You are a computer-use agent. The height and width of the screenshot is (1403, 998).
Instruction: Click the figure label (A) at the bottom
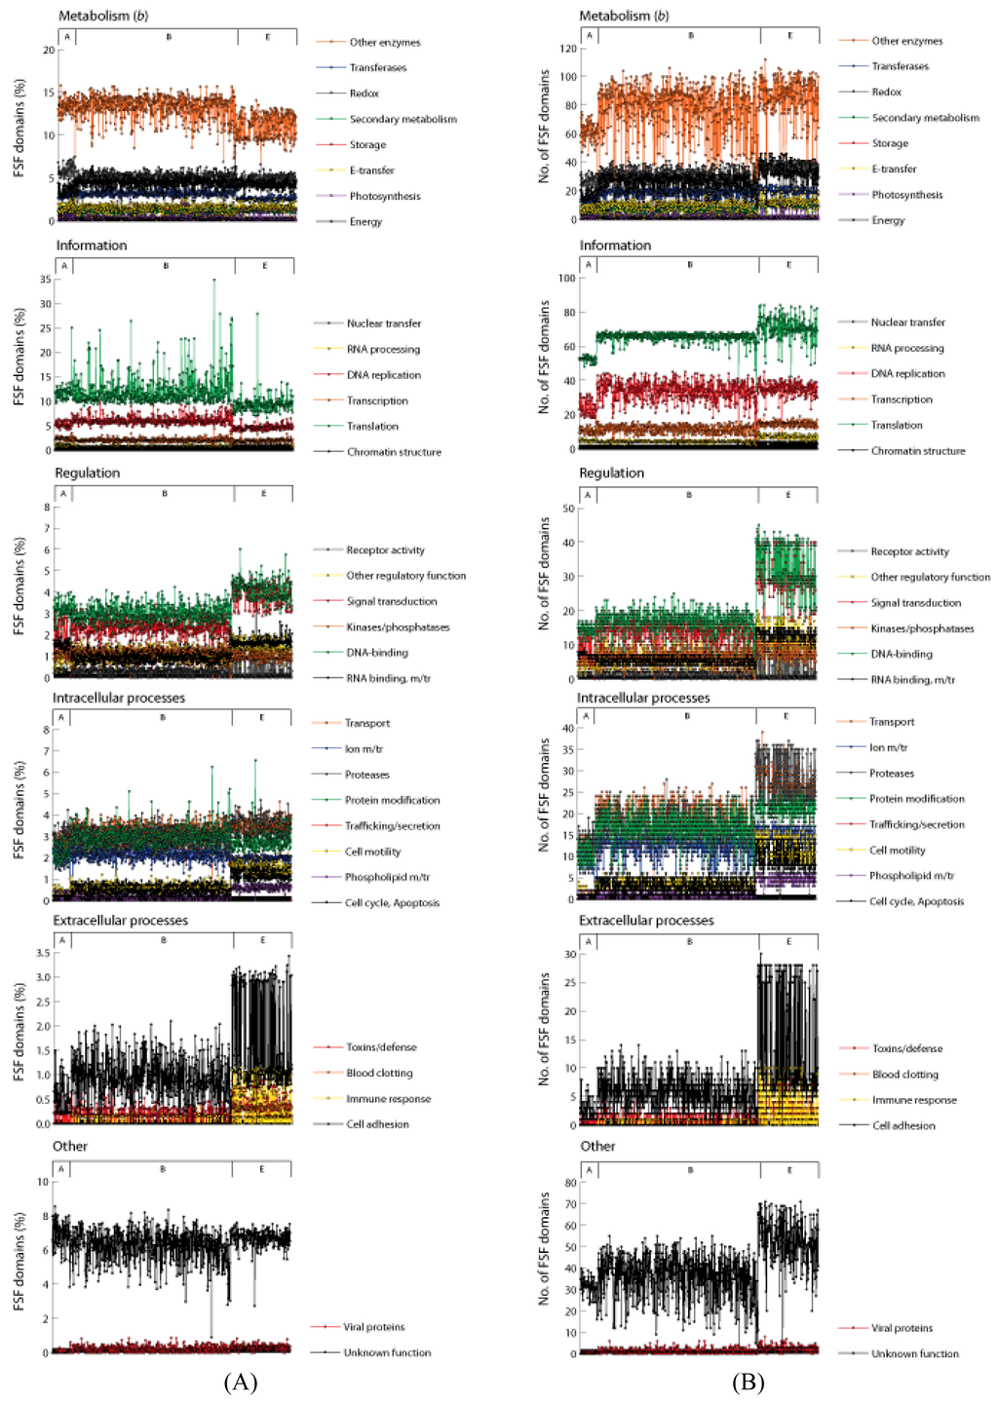[x=240, y=1383]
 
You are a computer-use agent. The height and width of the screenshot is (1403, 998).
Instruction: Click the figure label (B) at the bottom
[x=748, y=1383]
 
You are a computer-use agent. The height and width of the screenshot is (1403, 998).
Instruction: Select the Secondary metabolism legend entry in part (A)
[x=403, y=119]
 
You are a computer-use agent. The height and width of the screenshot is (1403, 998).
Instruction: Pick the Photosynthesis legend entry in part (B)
[x=906, y=195]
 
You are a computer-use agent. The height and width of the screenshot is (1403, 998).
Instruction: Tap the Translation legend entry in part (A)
[x=372, y=427]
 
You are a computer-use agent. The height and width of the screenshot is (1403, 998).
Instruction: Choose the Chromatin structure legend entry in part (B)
[x=917, y=451]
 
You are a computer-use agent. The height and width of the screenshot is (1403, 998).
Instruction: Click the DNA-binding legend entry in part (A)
[x=377, y=653]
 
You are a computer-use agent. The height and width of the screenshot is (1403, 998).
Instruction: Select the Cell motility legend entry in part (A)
[x=372, y=852]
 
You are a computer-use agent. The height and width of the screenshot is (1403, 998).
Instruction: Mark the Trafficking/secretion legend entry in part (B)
[x=916, y=824]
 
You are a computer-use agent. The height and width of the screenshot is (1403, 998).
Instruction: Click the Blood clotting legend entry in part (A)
[x=379, y=1073]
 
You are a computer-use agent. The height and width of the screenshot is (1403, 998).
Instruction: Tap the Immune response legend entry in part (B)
[x=914, y=1100]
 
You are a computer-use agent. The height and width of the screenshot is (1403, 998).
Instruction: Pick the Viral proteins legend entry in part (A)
[x=373, y=1327]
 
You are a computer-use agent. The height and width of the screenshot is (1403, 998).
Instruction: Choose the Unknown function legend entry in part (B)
[x=914, y=1353]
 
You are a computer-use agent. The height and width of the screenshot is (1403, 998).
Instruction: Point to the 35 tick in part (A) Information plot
[x=45, y=280]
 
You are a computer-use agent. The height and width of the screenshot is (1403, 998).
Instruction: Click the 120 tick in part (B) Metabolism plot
[x=567, y=49]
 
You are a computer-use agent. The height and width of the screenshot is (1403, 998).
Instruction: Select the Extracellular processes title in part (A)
[x=120, y=920]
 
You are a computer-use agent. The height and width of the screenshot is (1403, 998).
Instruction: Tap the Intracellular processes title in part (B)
[x=643, y=698]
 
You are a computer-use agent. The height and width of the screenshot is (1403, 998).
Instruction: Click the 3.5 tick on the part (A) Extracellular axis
[x=42, y=953]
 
